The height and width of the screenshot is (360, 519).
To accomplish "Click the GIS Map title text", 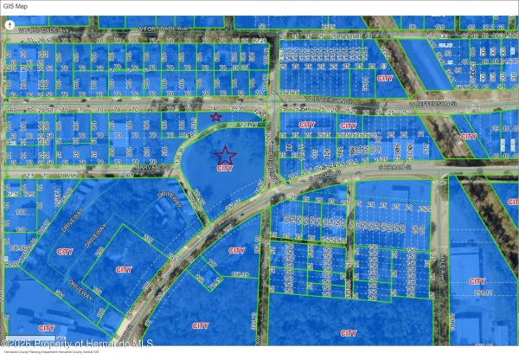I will (x=18, y=6).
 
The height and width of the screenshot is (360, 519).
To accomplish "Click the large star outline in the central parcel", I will (x=225, y=155).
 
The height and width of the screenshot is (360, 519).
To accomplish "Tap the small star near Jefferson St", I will (x=215, y=116).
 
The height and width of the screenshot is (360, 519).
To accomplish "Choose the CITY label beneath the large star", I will (x=225, y=169).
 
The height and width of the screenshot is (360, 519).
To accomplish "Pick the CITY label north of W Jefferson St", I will (x=387, y=78).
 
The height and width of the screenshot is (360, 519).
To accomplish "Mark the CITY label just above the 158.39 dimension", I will (x=235, y=250).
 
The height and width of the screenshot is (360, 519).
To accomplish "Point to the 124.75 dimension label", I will (x=249, y=125).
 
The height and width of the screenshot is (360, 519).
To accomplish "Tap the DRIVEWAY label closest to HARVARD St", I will (x=169, y=197).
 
